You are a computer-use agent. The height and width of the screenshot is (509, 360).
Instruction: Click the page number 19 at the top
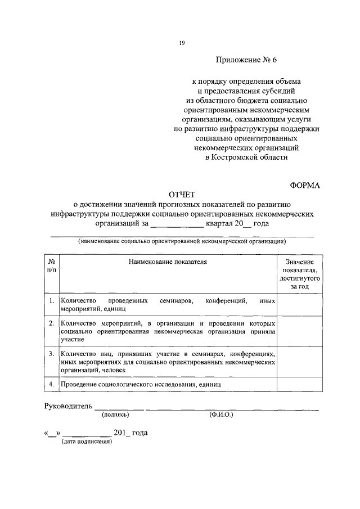(x=182, y=43)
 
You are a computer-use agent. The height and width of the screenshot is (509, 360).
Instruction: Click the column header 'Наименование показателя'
(x=167, y=262)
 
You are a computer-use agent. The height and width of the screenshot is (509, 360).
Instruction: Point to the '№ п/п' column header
(x=51, y=266)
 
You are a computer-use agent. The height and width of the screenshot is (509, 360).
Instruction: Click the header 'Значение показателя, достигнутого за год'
(x=299, y=274)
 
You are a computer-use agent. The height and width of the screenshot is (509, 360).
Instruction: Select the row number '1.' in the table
(x=51, y=301)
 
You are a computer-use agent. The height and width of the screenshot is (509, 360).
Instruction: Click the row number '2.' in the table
(x=51, y=324)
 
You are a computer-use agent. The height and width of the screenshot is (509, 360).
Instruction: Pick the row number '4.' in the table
(x=51, y=384)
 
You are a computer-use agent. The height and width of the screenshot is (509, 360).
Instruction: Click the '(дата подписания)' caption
(x=87, y=442)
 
